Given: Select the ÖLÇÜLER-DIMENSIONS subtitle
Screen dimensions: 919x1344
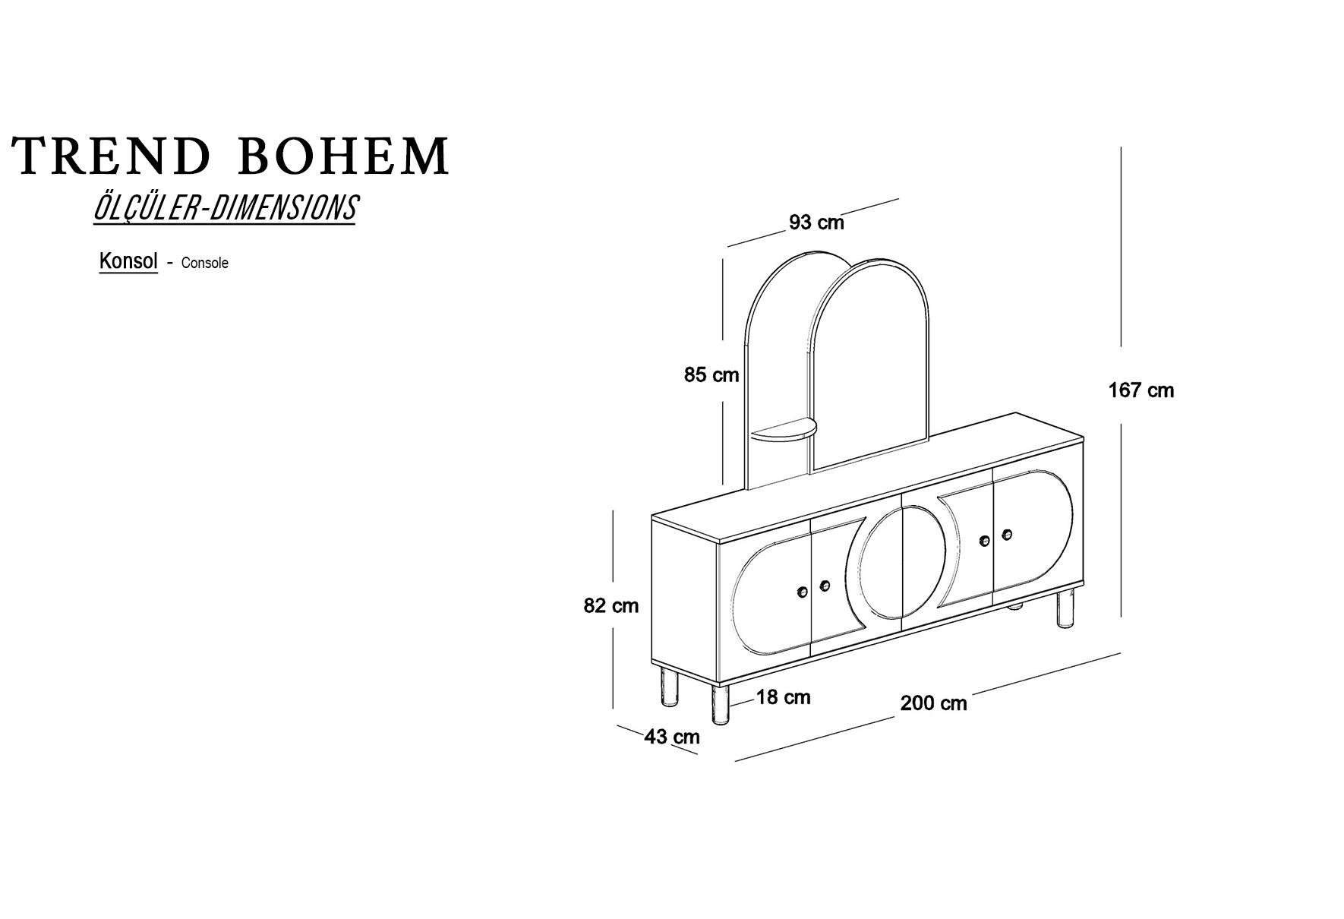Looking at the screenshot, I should point(225,208).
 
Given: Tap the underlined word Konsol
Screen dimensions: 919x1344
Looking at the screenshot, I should point(128,261).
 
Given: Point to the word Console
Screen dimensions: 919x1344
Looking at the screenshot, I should point(204,264).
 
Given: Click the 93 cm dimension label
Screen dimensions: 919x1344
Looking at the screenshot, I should point(816,223).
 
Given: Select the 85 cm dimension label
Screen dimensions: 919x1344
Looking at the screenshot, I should point(711,374).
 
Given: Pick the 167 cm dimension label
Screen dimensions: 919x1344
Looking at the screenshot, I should point(1141,390).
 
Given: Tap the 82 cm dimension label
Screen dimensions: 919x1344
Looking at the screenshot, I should point(610,606).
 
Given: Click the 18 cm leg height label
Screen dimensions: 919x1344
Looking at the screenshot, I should point(783,697).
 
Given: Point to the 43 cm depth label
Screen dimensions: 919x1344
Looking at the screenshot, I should point(672,737).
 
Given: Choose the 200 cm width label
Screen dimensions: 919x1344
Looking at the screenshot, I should point(933,703).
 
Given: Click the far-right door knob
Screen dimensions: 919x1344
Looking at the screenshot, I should point(1007,535).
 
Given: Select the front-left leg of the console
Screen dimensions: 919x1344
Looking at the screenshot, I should point(720,705).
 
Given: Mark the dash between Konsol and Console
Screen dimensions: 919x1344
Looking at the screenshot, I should point(169,264).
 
